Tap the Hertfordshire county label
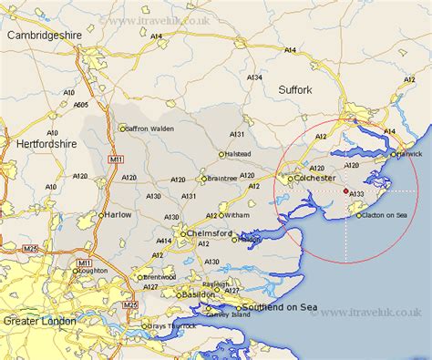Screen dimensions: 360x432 [x=48, y=143]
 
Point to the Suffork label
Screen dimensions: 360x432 [x=293, y=89]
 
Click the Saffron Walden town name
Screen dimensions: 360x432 [x=149, y=128]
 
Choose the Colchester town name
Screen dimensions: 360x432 [x=315, y=180]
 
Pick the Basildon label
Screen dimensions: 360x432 [x=197, y=294]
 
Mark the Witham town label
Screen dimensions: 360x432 [x=235, y=215]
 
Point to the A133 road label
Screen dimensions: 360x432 [x=358, y=194]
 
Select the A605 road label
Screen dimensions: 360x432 [x=81, y=105]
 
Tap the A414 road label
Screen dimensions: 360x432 [x=165, y=240]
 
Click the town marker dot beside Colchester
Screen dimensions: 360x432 [x=291, y=180]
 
